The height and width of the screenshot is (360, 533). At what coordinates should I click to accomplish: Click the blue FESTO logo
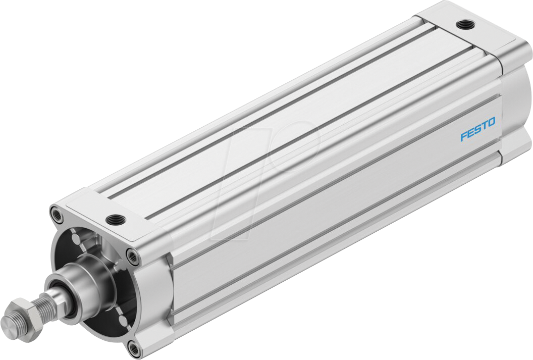[x=477, y=129]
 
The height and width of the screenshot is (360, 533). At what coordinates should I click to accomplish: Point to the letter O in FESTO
[x=491, y=122]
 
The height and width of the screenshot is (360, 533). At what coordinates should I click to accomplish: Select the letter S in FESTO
[x=477, y=129]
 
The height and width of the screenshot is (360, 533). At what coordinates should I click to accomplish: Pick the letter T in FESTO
[x=484, y=126]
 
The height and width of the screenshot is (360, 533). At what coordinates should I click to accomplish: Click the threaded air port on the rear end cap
[x=461, y=24]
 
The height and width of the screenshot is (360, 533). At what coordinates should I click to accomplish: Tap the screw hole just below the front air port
[x=133, y=257]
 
